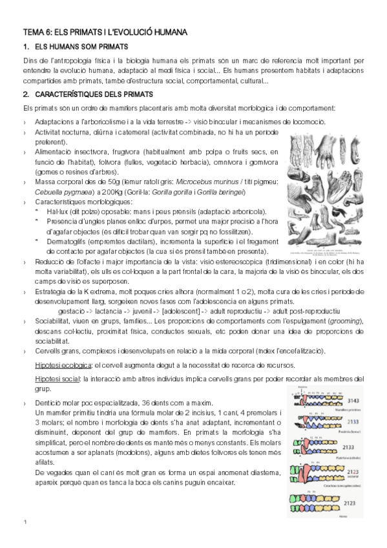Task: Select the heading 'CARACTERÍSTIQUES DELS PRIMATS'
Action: [x=98, y=95]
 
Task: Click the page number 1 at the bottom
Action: [x=25, y=522]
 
